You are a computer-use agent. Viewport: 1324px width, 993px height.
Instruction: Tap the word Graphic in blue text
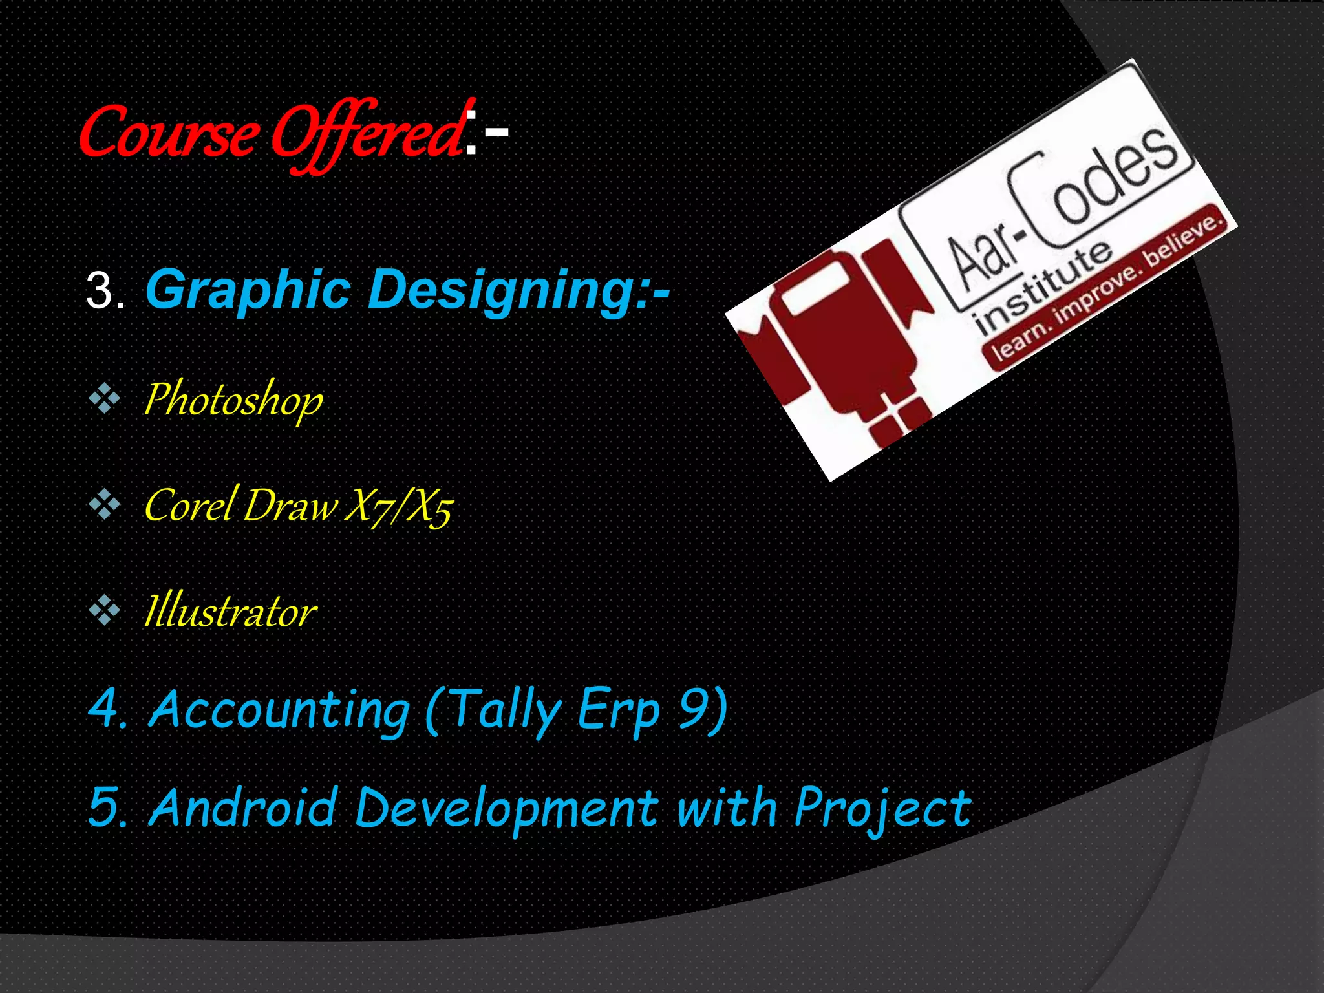(x=249, y=290)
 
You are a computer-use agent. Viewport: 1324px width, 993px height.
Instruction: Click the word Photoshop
(x=233, y=400)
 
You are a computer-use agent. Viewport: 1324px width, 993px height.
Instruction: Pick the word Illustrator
(x=230, y=611)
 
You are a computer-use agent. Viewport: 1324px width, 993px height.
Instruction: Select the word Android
(x=243, y=807)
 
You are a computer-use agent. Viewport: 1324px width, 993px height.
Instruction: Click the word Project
(x=882, y=809)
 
